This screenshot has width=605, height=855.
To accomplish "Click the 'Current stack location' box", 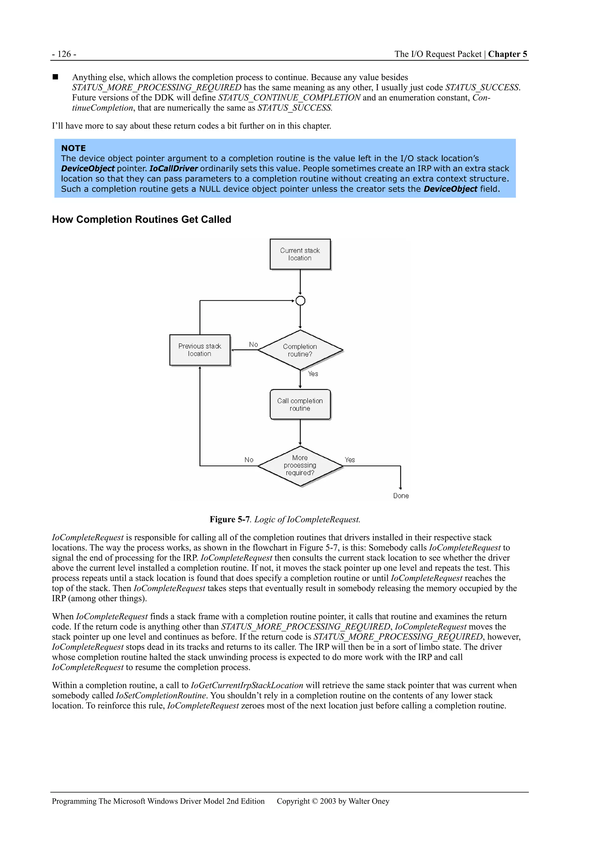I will coord(300,254).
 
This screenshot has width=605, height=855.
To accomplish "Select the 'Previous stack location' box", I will coord(199,350).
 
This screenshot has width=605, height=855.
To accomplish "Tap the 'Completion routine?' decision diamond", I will coord(300,350).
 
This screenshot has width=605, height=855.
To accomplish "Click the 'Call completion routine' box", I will coord(300,404).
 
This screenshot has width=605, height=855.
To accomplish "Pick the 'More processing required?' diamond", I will coord(300,465).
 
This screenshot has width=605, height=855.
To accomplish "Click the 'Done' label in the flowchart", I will coord(401,496).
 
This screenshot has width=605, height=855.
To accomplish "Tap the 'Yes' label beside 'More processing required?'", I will coord(350,460).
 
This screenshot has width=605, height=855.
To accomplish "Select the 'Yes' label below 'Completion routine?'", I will coord(313,374).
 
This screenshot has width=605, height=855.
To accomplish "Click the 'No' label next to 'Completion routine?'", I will coord(253,344).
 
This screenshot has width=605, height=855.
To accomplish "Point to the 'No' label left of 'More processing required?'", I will coord(249,460).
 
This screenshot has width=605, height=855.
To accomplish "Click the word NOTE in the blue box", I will coord(74,148).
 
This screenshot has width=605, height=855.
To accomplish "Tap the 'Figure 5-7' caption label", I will coord(229,519).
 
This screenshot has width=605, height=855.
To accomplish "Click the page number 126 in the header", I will coord(64,54).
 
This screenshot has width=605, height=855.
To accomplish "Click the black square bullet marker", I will coord(56,77).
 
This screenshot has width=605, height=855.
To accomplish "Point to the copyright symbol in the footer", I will coord(315,801).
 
